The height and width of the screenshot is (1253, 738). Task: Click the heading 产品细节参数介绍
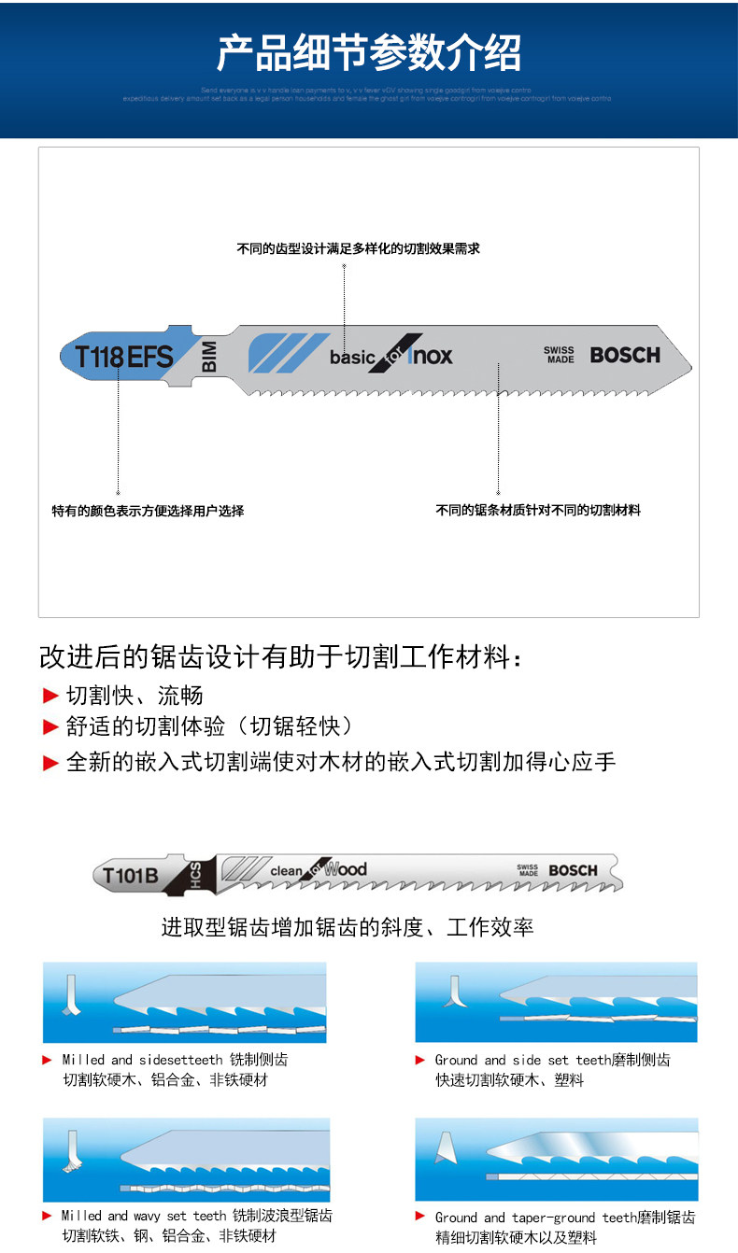click(x=368, y=53)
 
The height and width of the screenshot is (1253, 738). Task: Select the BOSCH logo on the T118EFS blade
click(x=624, y=355)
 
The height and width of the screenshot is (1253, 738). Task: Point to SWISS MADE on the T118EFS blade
click(x=560, y=355)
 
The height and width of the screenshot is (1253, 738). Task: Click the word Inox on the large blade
click(x=431, y=355)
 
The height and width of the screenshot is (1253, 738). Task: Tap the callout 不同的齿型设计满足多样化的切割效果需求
click(x=358, y=249)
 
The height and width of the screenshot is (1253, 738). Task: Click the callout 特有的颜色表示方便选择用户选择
click(x=148, y=511)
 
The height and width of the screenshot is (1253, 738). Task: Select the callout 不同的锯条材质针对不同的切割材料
click(x=538, y=510)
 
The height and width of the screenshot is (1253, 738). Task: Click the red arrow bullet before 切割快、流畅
click(x=51, y=696)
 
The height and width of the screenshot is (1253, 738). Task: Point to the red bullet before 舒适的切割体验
click(x=51, y=727)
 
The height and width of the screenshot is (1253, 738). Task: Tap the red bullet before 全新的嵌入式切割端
click(x=51, y=763)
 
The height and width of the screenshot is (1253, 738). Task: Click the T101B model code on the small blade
click(x=131, y=875)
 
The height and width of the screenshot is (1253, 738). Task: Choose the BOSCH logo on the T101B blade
click(x=573, y=870)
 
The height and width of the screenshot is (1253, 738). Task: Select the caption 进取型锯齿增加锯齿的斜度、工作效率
click(x=348, y=927)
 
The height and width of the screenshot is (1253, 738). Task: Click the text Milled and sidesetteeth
click(x=142, y=1060)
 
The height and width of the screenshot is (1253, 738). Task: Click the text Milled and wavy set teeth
click(x=144, y=1216)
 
